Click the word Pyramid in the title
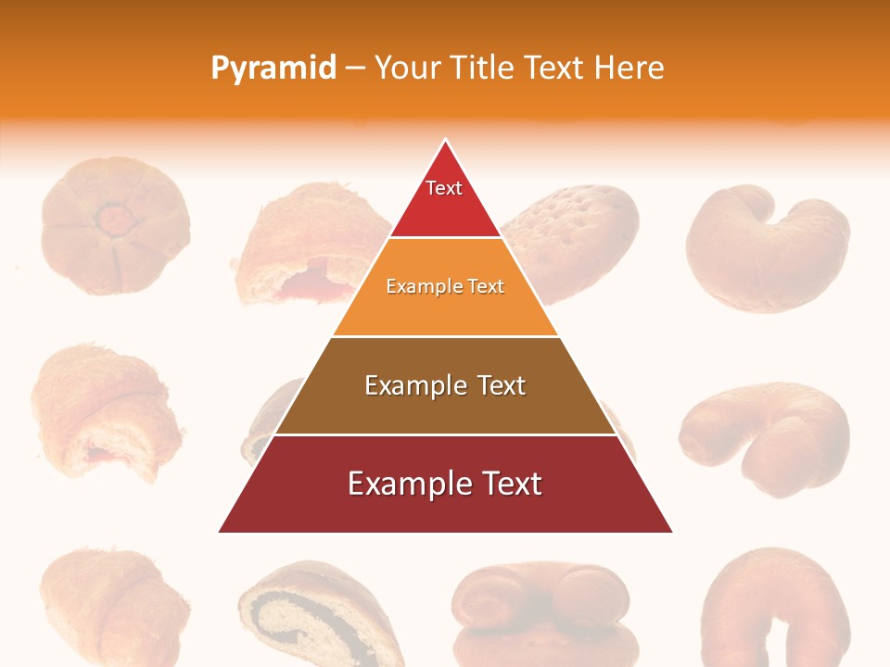point(273,69)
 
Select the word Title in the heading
point(486,69)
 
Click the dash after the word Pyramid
point(355,69)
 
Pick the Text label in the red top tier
point(444,189)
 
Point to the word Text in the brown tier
point(502,385)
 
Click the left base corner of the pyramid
point(220,532)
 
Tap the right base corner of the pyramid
point(672,532)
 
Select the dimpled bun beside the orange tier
point(570,236)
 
